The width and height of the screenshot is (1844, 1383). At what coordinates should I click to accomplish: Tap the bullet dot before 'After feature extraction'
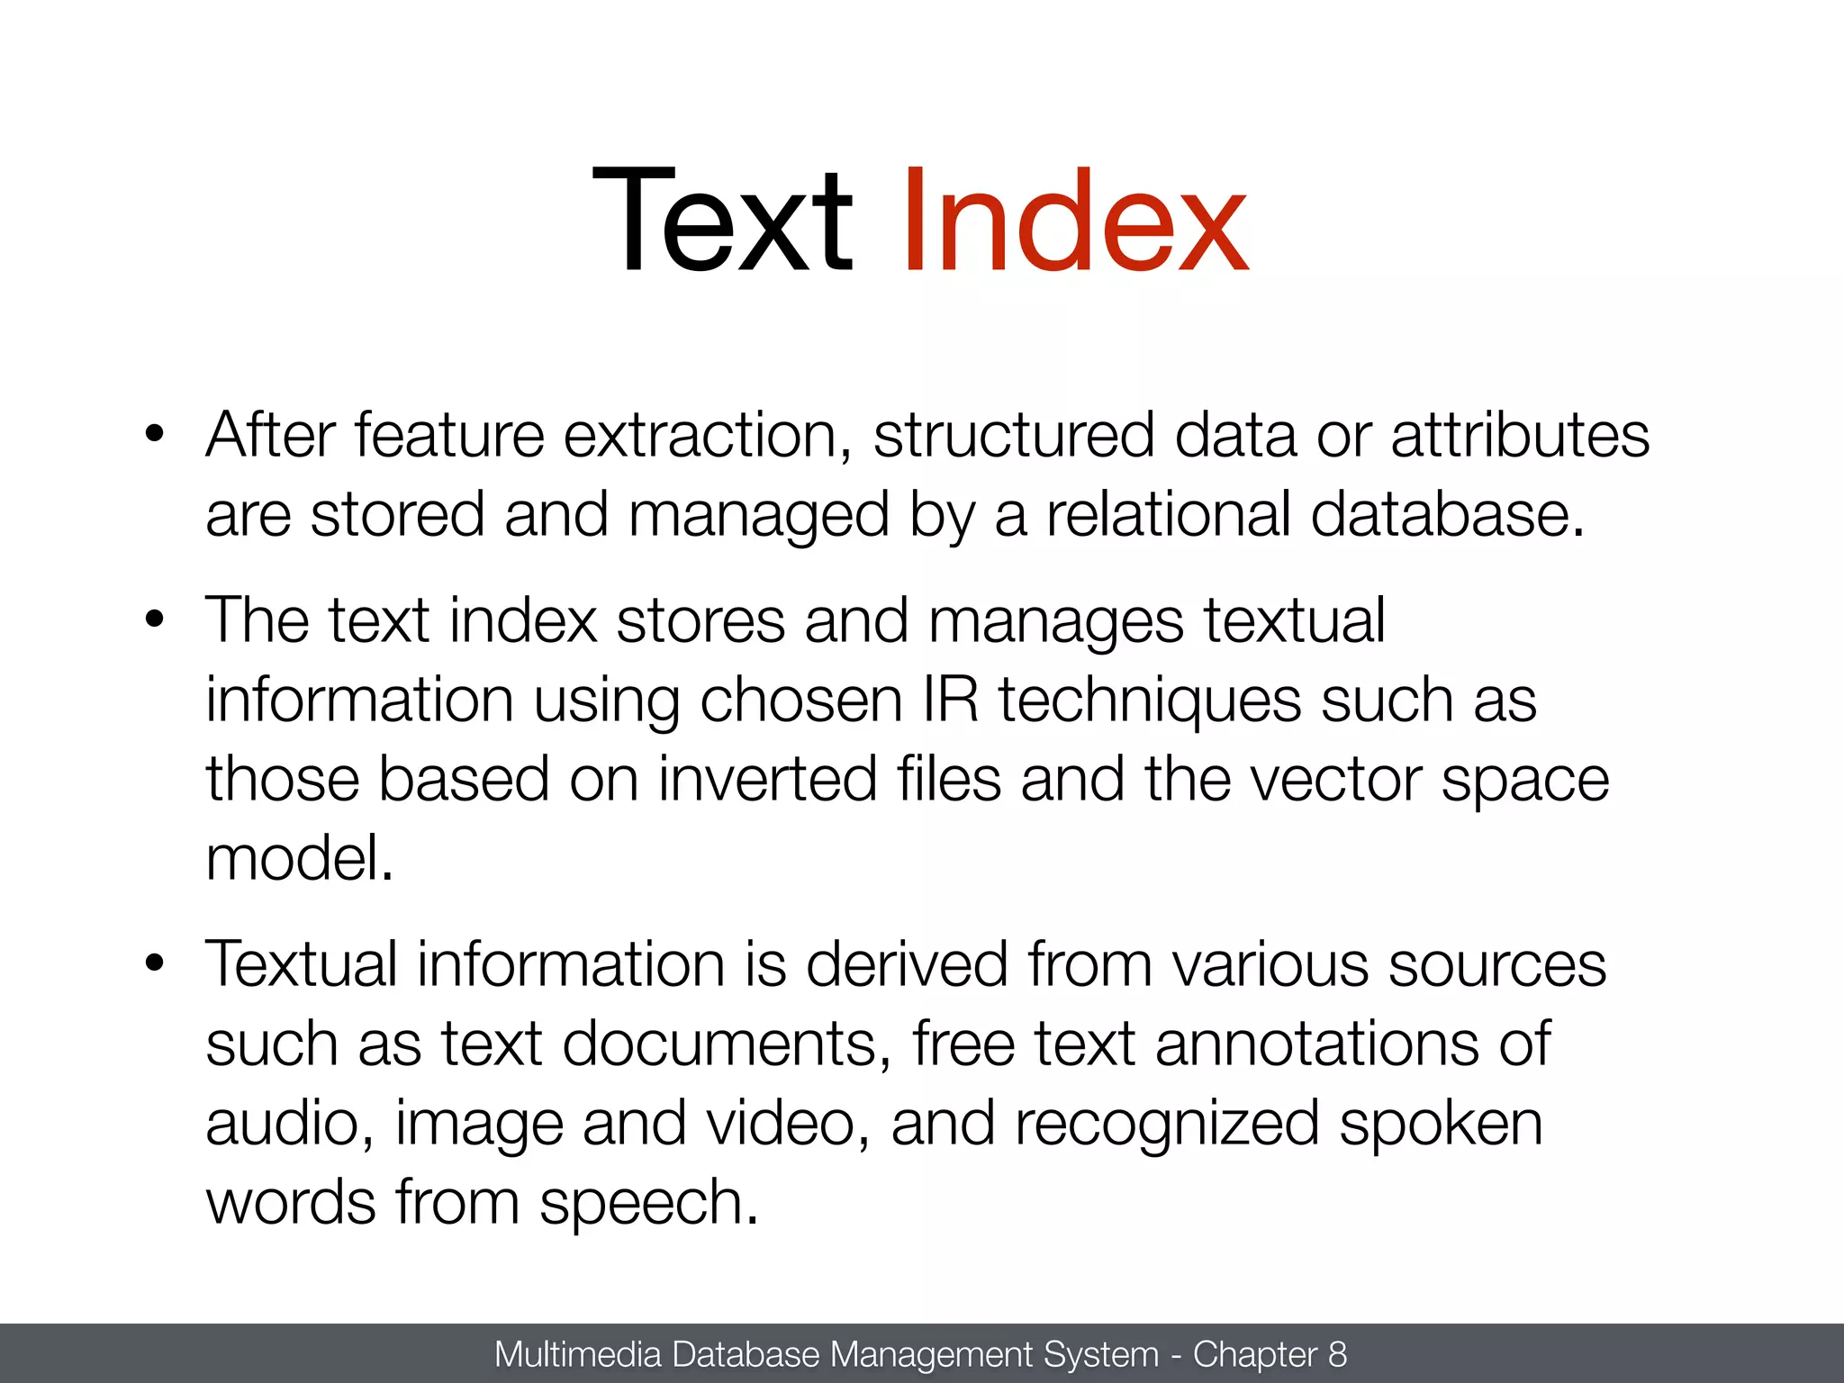tap(155, 434)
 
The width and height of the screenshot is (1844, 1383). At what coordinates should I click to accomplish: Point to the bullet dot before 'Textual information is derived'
tap(155, 963)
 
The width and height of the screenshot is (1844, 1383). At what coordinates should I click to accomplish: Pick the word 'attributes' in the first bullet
tap(1520, 436)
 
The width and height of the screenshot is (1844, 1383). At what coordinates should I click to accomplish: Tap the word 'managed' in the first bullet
tap(759, 517)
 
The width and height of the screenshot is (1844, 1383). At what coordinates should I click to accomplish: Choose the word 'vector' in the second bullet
tap(1336, 780)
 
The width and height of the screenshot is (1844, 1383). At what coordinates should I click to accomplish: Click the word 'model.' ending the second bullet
tap(300, 859)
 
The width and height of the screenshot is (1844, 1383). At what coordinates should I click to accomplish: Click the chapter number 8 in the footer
tap(1338, 1354)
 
